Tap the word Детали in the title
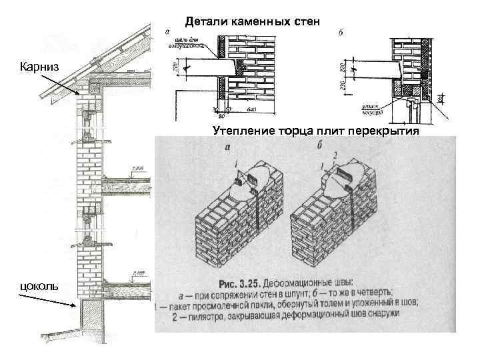(x=203, y=21)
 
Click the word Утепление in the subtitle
(x=239, y=130)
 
